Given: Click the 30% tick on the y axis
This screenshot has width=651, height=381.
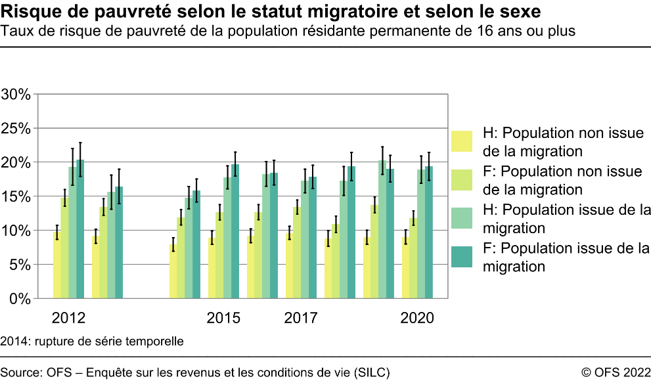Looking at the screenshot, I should pyautogui.click(x=16, y=94).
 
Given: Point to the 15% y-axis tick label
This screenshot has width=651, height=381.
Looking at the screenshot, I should pyautogui.click(x=16, y=196).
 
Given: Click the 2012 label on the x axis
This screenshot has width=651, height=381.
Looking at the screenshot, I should pyautogui.click(x=68, y=319).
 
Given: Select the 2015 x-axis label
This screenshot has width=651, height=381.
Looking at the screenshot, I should pyautogui.click(x=223, y=319).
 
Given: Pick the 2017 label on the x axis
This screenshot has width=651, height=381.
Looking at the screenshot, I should pyautogui.click(x=301, y=319).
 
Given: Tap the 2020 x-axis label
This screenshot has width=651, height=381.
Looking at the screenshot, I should pyautogui.click(x=417, y=319).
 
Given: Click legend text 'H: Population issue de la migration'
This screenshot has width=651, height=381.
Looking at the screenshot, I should pyautogui.click(x=566, y=219).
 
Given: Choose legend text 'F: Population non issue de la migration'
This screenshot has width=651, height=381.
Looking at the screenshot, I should pyautogui.click(x=562, y=181).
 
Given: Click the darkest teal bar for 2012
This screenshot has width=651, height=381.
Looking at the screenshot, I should pyautogui.click(x=80, y=229).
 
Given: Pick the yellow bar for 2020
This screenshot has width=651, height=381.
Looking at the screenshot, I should pyautogui.click(x=406, y=268).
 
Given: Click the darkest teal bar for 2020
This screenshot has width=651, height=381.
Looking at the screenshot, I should pyautogui.click(x=429, y=233).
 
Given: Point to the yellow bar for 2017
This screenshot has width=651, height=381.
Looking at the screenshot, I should pyautogui.click(x=290, y=265).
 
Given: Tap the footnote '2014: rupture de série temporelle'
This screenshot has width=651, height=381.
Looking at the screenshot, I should pyautogui.click(x=92, y=342).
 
